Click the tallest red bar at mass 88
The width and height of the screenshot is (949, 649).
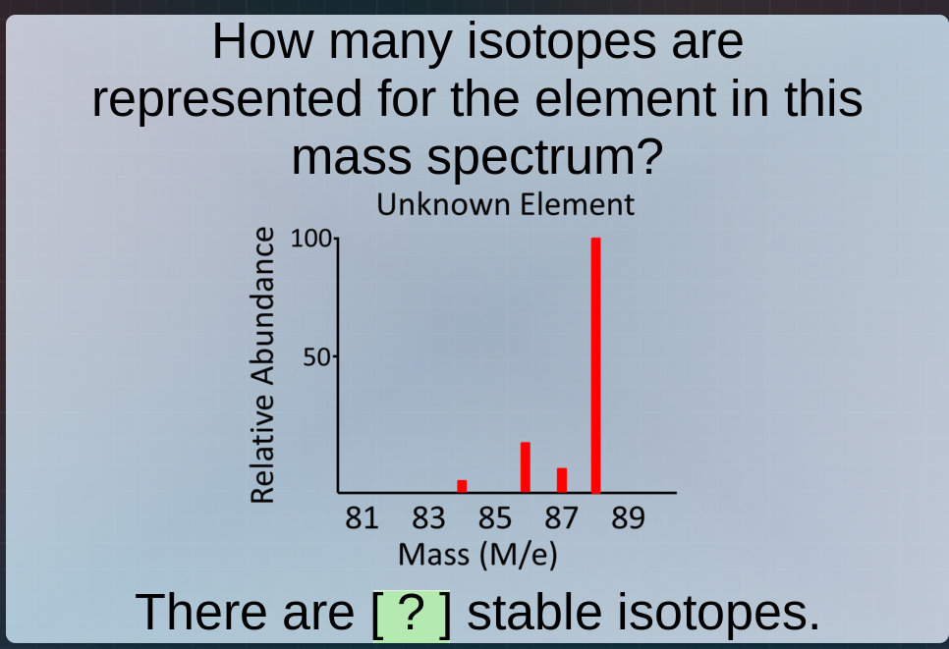tap(595, 365)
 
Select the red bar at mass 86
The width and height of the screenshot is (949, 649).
tap(526, 467)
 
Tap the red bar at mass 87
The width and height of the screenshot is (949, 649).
tap(562, 480)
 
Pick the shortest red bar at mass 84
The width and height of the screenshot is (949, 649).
tap(462, 486)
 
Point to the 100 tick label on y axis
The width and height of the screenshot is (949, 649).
tap(312, 239)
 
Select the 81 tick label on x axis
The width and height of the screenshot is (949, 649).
tap(363, 517)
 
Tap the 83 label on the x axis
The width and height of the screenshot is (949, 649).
tap(429, 517)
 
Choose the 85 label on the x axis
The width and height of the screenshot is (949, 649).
tap(495, 517)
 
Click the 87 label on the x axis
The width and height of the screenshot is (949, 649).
tap(562, 517)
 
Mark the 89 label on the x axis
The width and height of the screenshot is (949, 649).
tap(628, 517)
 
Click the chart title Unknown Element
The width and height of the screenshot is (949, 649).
tap(506, 205)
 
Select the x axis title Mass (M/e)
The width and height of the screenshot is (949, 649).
tap(477, 554)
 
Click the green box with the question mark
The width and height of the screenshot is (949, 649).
tap(413, 613)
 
